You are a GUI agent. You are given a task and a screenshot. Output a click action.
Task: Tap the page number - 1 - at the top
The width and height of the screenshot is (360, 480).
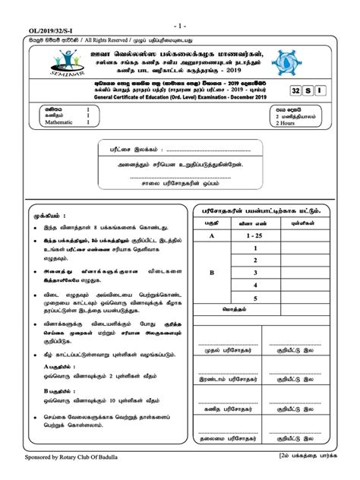180,5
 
